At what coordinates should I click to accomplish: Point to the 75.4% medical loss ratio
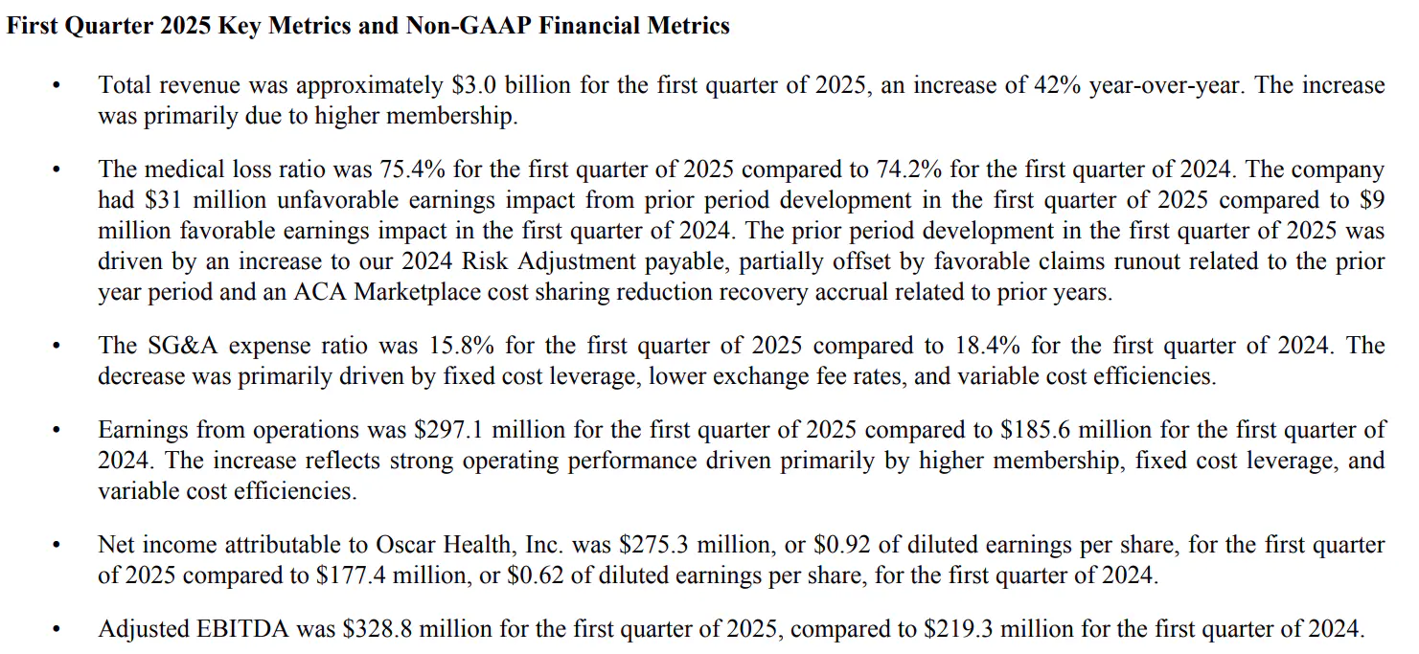(412, 169)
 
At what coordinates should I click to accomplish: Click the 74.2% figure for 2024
(909, 169)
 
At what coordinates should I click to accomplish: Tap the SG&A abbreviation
(182, 346)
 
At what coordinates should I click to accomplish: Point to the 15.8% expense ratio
(462, 346)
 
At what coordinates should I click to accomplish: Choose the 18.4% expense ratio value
(988, 346)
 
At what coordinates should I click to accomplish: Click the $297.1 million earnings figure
(490, 430)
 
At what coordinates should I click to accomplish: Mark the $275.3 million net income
(697, 545)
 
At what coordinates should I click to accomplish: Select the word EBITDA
(242, 629)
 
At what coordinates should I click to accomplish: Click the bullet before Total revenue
(57, 86)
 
